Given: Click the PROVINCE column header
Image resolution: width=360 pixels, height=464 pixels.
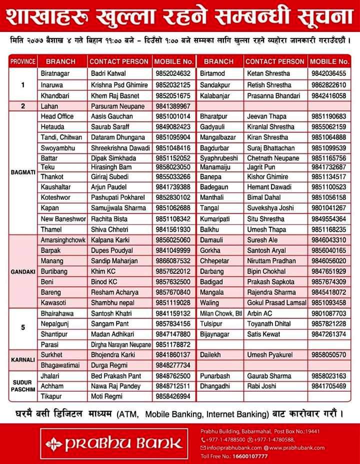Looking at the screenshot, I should click(22, 61).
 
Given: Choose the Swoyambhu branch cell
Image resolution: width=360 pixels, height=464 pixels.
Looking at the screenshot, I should click(57, 148).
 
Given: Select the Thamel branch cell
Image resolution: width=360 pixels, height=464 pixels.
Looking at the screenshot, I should click(51, 229).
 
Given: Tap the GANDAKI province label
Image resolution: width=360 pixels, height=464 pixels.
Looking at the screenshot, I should click(22, 271).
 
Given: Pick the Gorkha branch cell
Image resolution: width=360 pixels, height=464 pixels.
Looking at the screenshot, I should click(210, 250).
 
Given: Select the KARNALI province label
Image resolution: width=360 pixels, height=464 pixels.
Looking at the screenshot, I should click(22, 360).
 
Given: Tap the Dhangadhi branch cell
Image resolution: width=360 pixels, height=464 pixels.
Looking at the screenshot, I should click(215, 386).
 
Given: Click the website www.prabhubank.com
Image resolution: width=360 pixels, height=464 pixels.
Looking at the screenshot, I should click(296, 448).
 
